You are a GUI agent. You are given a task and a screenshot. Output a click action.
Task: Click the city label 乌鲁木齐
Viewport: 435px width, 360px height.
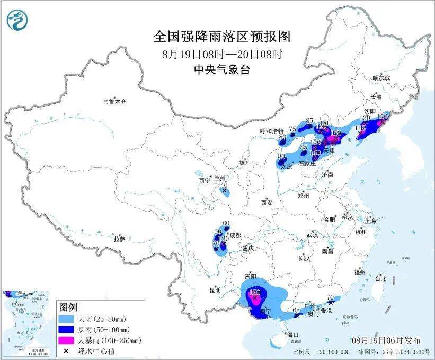click(115, 101)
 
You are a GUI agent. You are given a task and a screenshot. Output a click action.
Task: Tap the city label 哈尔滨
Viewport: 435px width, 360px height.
click(380, 78)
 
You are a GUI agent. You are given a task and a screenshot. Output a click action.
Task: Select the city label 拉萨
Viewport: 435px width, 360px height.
click(119, 239)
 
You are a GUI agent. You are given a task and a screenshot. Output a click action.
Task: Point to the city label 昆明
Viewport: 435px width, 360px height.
click(215, 290)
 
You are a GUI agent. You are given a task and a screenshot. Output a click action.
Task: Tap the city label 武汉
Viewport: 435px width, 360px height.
click(312, 234)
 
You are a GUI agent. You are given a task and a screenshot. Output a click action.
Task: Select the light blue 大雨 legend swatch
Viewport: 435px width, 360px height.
click(67, 319)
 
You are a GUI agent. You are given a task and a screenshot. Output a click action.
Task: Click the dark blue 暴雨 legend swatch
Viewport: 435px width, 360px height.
click(67, 329)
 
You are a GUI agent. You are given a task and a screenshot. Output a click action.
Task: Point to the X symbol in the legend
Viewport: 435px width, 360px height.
click(67, 350)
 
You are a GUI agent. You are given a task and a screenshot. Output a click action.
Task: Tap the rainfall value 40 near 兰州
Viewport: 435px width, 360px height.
click(224, 185)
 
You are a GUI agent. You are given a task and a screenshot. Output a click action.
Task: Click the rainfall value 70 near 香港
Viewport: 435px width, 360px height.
click(330, 297)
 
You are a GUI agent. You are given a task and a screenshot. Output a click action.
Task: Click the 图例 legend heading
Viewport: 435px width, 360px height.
click(68, 308)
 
